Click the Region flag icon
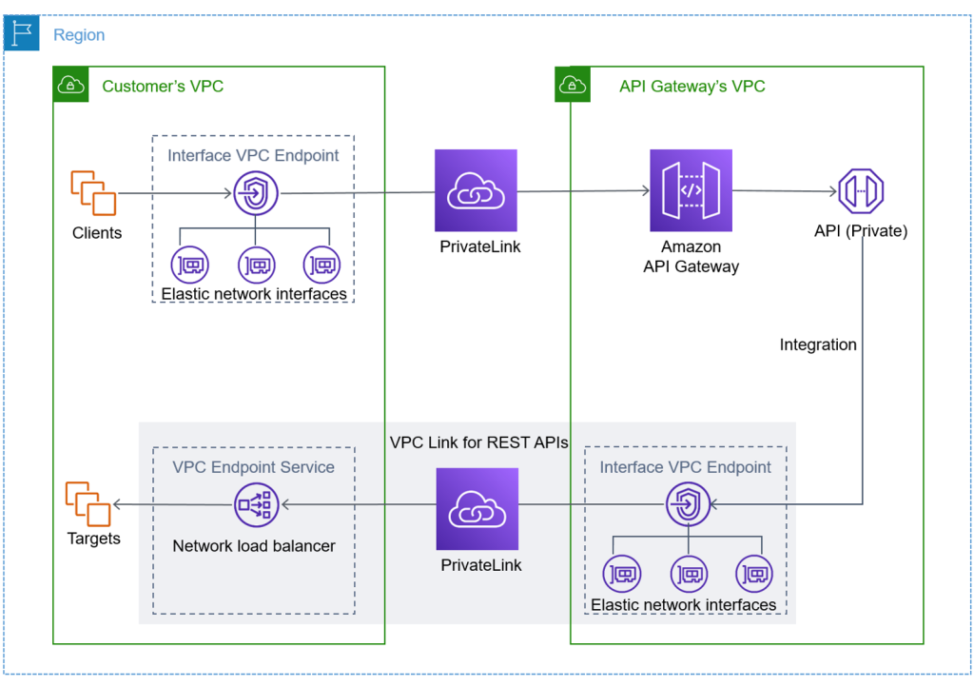(21, 34)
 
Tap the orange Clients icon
(93, 193)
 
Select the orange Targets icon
(88, 503)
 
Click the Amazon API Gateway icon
(691, 190)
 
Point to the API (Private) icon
(861, 191)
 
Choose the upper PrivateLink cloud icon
(476, 190)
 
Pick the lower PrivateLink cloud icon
(477, 508)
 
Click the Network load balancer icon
(255, 504)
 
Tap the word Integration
(818, 344)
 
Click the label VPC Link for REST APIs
(479, 442)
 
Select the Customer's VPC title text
(163, 87)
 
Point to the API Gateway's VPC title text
(692, 87)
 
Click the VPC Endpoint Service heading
(253, 467)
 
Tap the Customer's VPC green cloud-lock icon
(70, 86)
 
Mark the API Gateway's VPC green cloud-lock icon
(573, 86)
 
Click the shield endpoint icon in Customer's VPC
(255, 194)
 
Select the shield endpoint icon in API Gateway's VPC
(687, 504)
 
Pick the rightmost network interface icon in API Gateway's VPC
(753, 574)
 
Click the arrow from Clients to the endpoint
(176, 194)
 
